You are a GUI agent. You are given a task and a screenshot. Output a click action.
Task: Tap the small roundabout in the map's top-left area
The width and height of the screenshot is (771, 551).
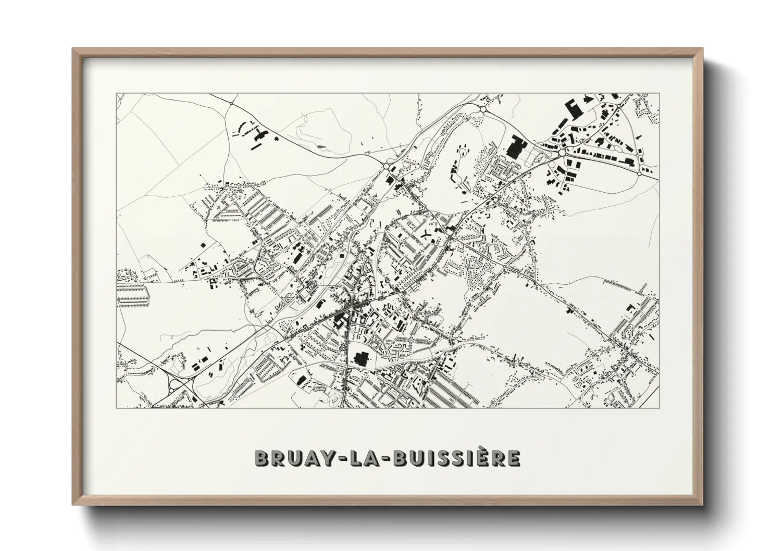231,104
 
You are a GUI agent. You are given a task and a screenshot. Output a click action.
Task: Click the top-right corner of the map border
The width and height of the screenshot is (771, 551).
659,93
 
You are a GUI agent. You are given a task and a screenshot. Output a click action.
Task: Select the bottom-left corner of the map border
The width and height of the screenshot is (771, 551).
116,408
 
